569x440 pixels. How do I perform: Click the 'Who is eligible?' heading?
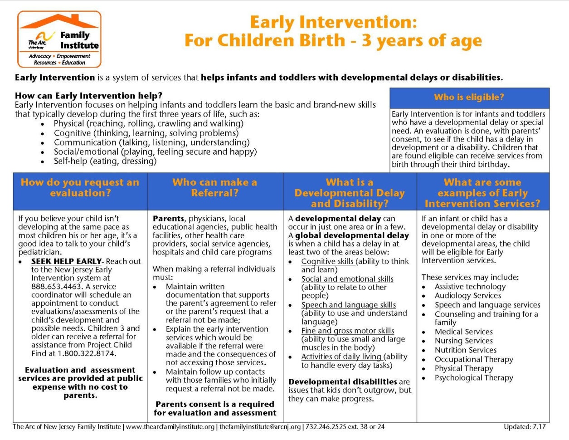pyautogui.click(x=469, y=97)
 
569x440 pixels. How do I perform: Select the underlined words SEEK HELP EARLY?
pyautogui.click(x=66, y=261)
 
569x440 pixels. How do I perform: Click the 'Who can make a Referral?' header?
pyautogui.click(x=214, y=187)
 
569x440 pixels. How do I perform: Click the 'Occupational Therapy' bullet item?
pyautogui.click(x=473, y=359)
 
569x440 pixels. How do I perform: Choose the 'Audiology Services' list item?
pyautogui.click(x=467, y=296)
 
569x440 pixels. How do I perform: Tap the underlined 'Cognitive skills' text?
pyautogui.click(x=327, y=262)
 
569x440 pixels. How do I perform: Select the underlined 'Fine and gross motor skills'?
pyautogui.click(x=347, y=331)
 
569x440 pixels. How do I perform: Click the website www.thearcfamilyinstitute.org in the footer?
pyautogui.click(x=170, y=427)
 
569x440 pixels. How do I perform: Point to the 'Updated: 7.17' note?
pyautogui.click(x=524, y=427)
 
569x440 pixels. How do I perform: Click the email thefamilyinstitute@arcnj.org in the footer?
pyautogui.click(x=260, y=427)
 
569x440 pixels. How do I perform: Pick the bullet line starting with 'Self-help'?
pyautogui.click(x=105, y=161)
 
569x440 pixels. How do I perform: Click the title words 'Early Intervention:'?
pyautogui.click(x=333, y=22)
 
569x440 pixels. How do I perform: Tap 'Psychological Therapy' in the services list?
pyautogui.click(x=473, y=378)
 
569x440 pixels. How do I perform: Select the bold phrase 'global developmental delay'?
pyautogui.click(x=352, y=235)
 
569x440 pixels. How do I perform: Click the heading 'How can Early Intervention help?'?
pyautogui.click(x=88, y=96)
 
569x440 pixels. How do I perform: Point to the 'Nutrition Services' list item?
pyautogui.click(x=465, y=350)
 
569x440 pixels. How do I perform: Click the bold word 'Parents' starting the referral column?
pyautogui.click(x=168, y=219)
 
